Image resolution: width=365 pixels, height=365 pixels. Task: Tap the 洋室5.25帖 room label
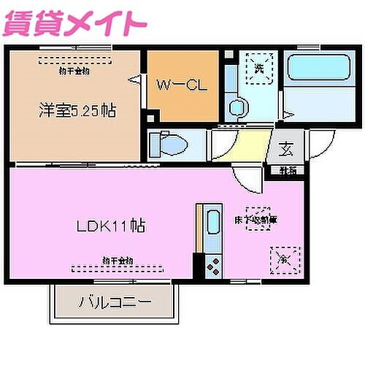tap(77, 111)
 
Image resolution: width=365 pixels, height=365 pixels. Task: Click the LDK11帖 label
tap(111, 226)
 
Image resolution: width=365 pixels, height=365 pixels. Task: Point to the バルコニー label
tap(115, 301)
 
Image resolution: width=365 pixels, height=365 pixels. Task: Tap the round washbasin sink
tap(237, 108)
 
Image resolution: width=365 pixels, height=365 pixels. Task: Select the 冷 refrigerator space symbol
tap(284, 258)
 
